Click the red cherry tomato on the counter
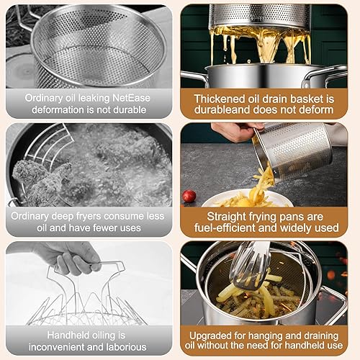point(189,196)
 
